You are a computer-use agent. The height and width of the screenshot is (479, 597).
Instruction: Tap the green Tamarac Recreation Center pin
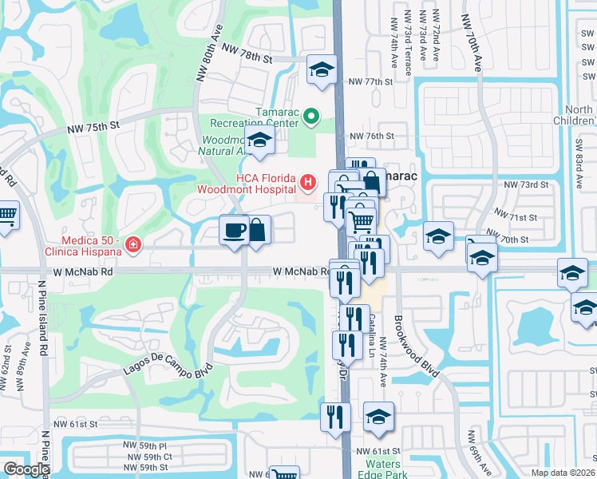[311, 120]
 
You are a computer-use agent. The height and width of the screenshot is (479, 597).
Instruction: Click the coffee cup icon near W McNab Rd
[234, 231]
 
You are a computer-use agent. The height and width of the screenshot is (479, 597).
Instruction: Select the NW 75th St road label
[93, 126]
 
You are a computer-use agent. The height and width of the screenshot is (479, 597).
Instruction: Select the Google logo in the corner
[26, 469]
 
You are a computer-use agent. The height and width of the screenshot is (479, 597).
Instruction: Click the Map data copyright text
[563, 473]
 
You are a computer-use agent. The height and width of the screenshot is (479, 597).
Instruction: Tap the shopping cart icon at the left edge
[6, 216]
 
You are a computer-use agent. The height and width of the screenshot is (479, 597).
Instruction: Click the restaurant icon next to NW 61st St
[334, 416]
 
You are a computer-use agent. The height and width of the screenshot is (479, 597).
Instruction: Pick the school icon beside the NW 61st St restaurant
[378, 416]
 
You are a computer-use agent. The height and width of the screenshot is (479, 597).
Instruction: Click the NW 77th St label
[372, 81]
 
